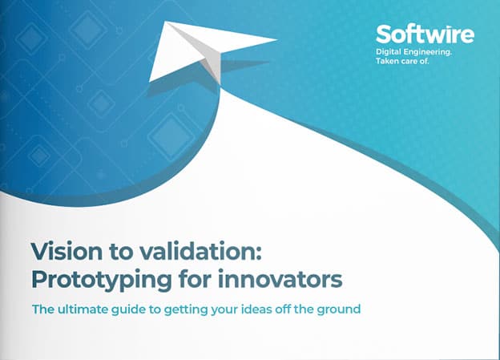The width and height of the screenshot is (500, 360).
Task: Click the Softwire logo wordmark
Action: pos(425,34)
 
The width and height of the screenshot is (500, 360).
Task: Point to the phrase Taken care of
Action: pos(402,61)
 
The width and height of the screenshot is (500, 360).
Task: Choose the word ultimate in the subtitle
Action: pos(83,309)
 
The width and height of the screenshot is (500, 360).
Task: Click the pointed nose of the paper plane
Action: pos(276,40)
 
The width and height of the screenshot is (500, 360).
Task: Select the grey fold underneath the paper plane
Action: pos(212,67)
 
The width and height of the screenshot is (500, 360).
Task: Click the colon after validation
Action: pos(258,253)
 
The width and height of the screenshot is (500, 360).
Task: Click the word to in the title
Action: pos(121,253)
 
